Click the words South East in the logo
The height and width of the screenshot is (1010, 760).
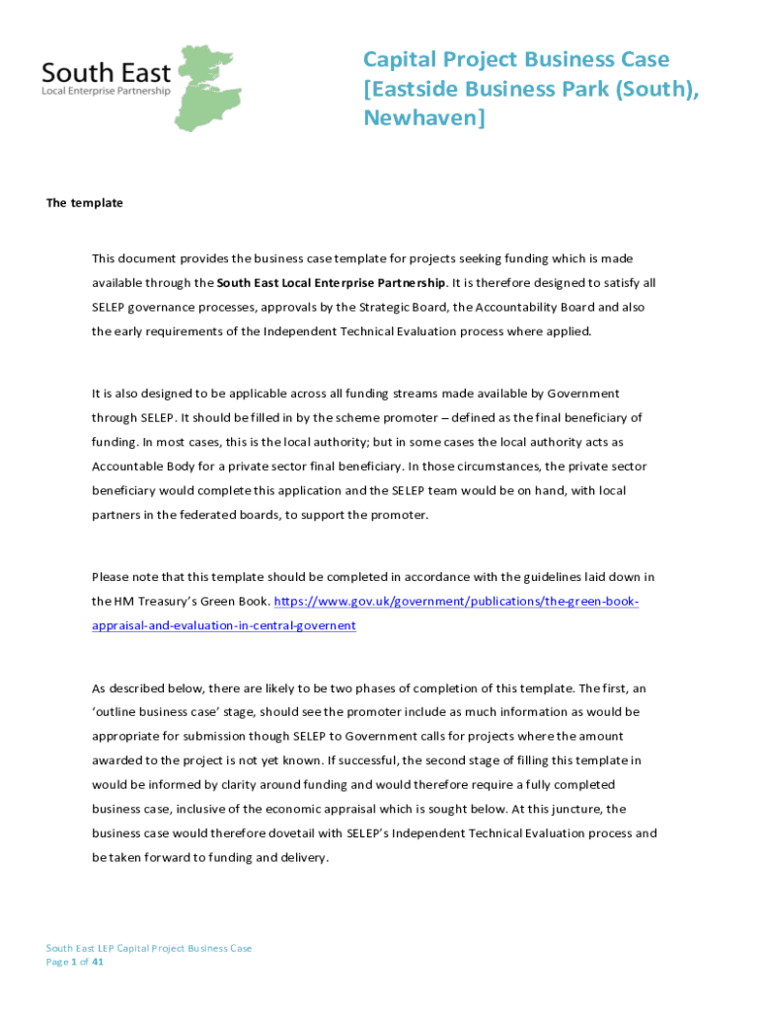pos(106,72)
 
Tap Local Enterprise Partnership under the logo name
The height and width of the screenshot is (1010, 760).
pos(106,91)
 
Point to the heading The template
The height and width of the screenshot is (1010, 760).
pos(85,203)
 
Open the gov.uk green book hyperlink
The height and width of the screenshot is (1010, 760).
pos(456,602)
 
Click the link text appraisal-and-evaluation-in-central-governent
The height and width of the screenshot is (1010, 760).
pos(224,625)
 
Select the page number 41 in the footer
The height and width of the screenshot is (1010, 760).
pos(97,962)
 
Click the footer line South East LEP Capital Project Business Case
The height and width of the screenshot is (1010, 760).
pos(149,948)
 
